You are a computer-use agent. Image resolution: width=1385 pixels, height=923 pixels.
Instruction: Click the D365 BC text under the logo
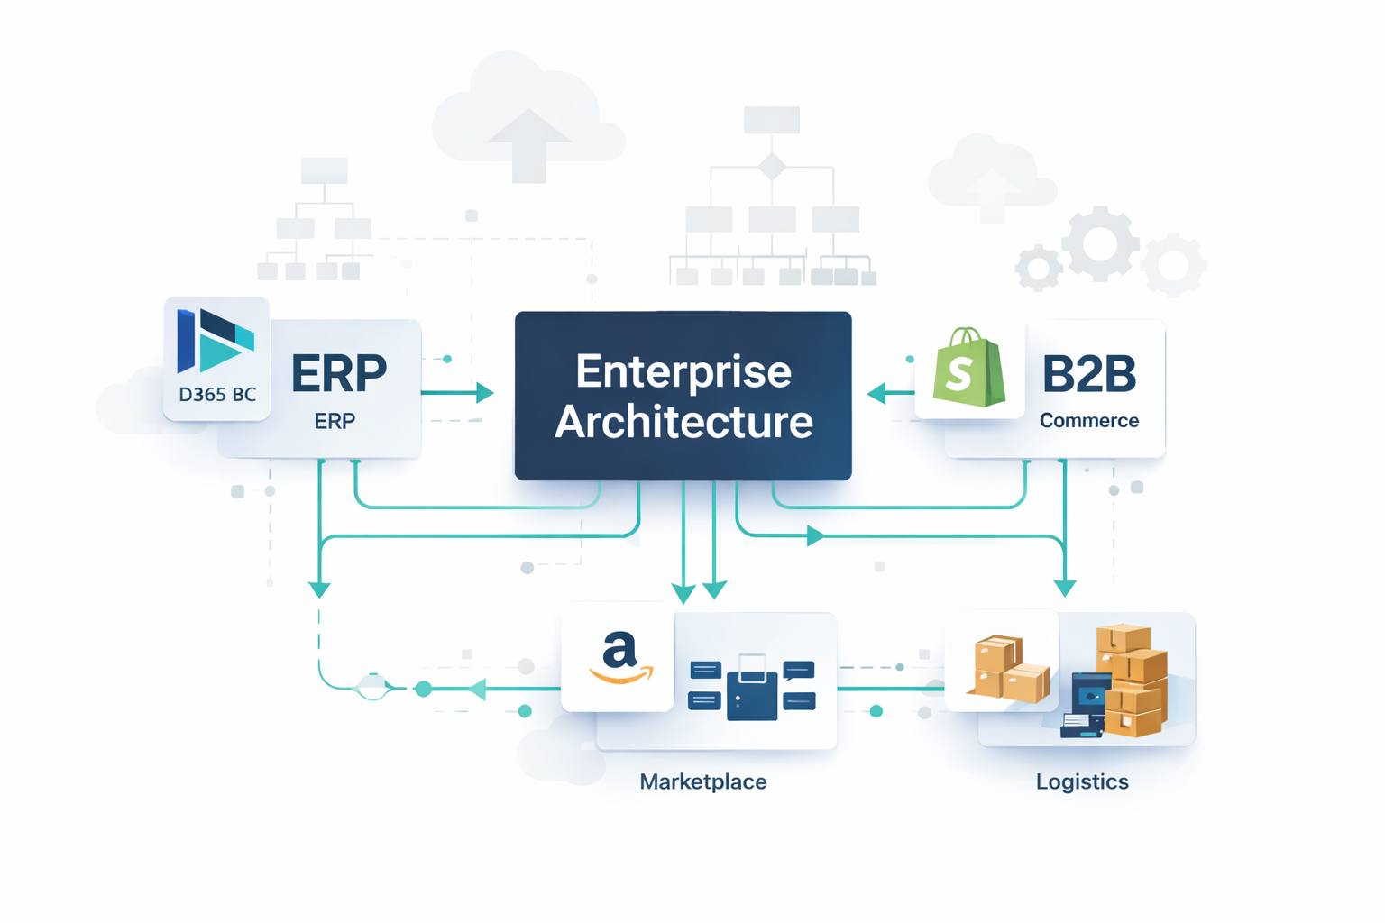(x=217, y=394)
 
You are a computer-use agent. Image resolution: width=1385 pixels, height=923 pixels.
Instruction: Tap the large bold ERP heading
(x=339, y=373)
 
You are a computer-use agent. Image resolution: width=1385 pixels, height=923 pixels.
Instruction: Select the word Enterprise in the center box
(x=683, y=371)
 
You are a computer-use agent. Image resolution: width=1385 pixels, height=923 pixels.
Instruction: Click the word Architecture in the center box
(x=683, y=422)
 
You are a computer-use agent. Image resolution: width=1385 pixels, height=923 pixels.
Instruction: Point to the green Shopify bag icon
(x=968, y=369)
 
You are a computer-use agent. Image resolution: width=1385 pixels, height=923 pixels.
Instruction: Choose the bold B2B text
(x=1089, y=374)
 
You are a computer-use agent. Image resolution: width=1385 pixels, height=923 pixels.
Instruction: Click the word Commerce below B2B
(x=1089, y=421)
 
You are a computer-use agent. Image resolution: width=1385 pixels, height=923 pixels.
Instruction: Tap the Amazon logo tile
(x=619, y=658)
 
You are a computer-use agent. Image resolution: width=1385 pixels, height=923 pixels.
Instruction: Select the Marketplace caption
(x=703, y=781)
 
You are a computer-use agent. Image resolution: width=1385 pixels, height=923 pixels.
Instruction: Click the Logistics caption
(x=1082, y=781)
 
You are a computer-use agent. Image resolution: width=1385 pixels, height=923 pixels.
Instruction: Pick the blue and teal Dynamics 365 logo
(x=216, y=340)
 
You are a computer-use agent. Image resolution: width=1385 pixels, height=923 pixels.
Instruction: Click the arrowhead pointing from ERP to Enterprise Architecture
(x=485, y=393)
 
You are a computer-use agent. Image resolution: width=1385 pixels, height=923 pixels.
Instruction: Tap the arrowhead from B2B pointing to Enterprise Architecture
(x=876, y=394)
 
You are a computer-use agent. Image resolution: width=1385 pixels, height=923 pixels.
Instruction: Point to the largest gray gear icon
(x=1099, y=243)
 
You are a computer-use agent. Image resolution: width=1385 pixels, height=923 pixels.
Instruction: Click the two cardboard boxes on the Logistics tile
(x=1008, y=669)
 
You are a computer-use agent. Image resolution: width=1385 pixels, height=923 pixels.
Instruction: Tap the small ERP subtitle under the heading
(x=335, y=421)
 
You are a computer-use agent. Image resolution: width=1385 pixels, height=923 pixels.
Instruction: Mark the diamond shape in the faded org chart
(x=772, y=167)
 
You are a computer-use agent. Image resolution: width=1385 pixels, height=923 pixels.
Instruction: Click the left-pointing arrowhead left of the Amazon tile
(x=477, y=690)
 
